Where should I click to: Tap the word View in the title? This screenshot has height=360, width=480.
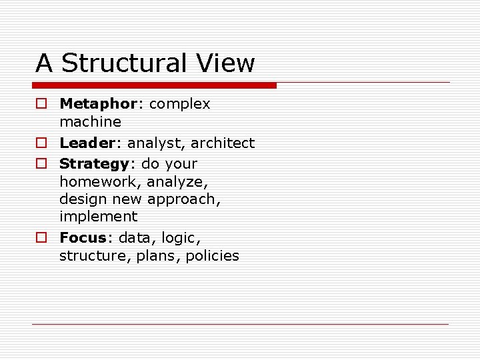tap(227, 63)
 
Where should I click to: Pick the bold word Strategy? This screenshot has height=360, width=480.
tap(94, 165)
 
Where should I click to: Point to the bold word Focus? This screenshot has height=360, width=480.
tap(83, 238)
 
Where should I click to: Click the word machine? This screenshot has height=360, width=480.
tap(90, 122)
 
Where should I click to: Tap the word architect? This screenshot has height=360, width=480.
tap(223, 143)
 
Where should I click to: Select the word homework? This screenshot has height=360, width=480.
tap(100, 182)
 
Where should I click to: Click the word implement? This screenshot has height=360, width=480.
tap(98, 217)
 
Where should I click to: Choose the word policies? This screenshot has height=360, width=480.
tap(214, 256)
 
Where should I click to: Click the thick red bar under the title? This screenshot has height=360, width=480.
tap(154, 85)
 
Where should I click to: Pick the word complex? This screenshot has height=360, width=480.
tap(179, 105)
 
